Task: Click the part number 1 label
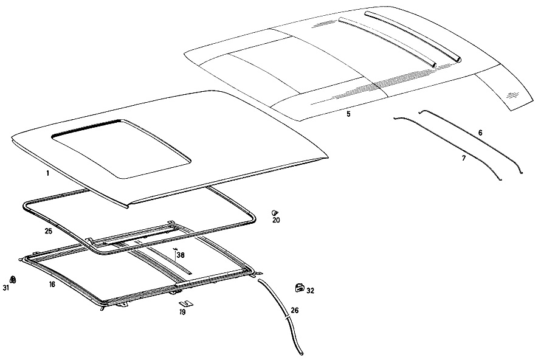tap(47, 173)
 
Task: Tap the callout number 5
tap(348, 114)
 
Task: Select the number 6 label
tap(480, 133)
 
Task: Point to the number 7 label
tap(464, 159)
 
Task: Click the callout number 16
tap(52, 285)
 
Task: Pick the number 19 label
tap(182, 312)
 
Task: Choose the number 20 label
tap(277, 220)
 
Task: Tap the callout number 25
tap(48, 231)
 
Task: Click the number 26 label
tap(295, 310)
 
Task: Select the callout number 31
tap(6, 288)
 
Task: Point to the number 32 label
tap(311, 291)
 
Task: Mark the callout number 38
tap(181, 255)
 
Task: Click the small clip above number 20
tap(275, 213)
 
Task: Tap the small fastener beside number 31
tap(13, 279)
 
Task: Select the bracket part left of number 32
tap(300, 288)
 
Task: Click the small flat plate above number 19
tap(187, 303)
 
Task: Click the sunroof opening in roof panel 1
tap(121, 148)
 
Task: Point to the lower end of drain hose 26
tap(302, 353)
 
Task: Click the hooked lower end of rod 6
tap(521, 172)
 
